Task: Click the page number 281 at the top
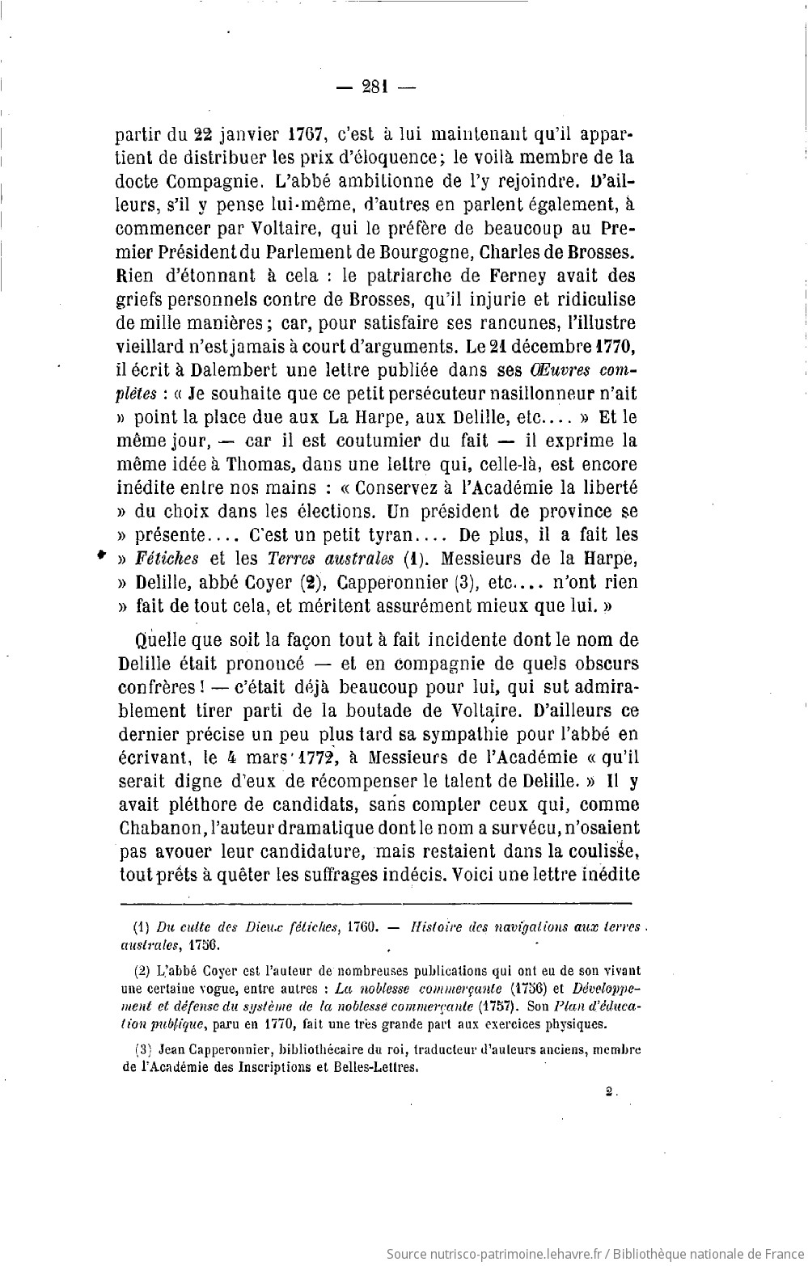tap(376, 87)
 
